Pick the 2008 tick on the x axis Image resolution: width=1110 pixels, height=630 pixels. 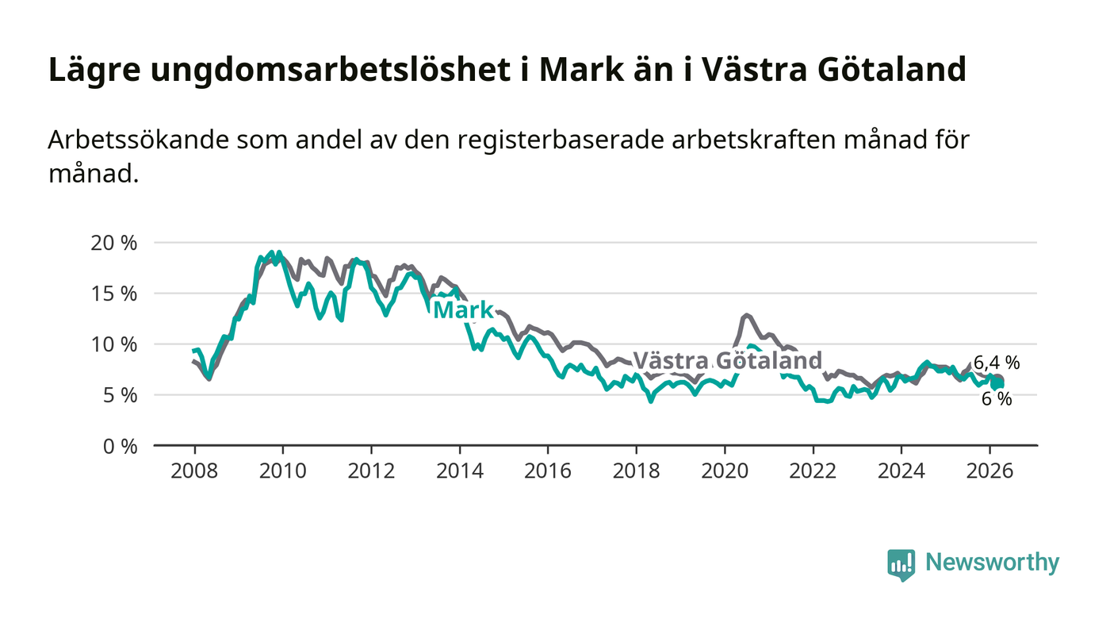194,471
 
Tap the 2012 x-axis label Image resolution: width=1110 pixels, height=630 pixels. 371,471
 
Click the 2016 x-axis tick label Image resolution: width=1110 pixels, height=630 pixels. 548,471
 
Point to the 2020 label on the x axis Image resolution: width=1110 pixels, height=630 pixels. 725,471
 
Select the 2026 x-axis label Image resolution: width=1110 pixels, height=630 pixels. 989,471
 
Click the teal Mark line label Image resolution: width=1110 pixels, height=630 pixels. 464,310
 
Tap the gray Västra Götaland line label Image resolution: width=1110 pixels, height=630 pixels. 727,361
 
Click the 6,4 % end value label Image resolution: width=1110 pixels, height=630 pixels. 997,363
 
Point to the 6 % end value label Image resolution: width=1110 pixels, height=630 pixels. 997,399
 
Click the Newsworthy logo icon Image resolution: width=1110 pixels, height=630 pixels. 901,565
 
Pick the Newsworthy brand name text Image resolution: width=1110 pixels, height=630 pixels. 992,563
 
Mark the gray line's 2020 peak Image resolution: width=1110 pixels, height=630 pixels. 746,315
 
